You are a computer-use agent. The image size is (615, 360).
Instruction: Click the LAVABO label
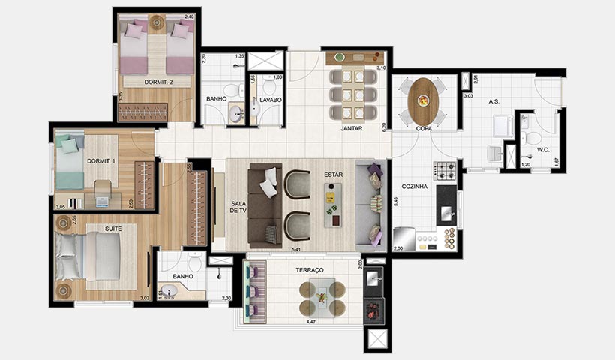coord(271,99)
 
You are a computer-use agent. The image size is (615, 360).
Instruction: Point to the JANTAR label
coord(352,128)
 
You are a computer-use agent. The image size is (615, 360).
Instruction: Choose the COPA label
coord(424,128)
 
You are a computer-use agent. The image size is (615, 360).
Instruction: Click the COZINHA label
coord(414,186)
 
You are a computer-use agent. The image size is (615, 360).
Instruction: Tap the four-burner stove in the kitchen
coord(446,171)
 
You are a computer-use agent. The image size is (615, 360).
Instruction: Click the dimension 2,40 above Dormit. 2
coord(190,16)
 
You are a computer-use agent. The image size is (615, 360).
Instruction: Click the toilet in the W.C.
coord(533,138)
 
